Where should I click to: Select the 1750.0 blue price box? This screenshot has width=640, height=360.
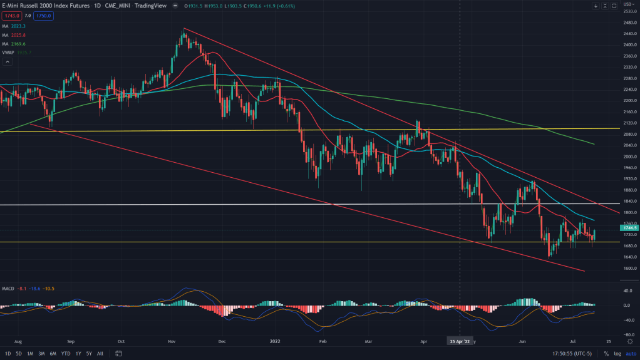pyautogui.click(x=43, y=16)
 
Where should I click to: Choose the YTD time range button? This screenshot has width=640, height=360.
pyautogui.click(x=65, y=354)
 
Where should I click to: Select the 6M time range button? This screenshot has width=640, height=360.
pyautogui.click(x=52, y=354)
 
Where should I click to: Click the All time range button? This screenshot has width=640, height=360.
pyautogui.click(x=100, y=354)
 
